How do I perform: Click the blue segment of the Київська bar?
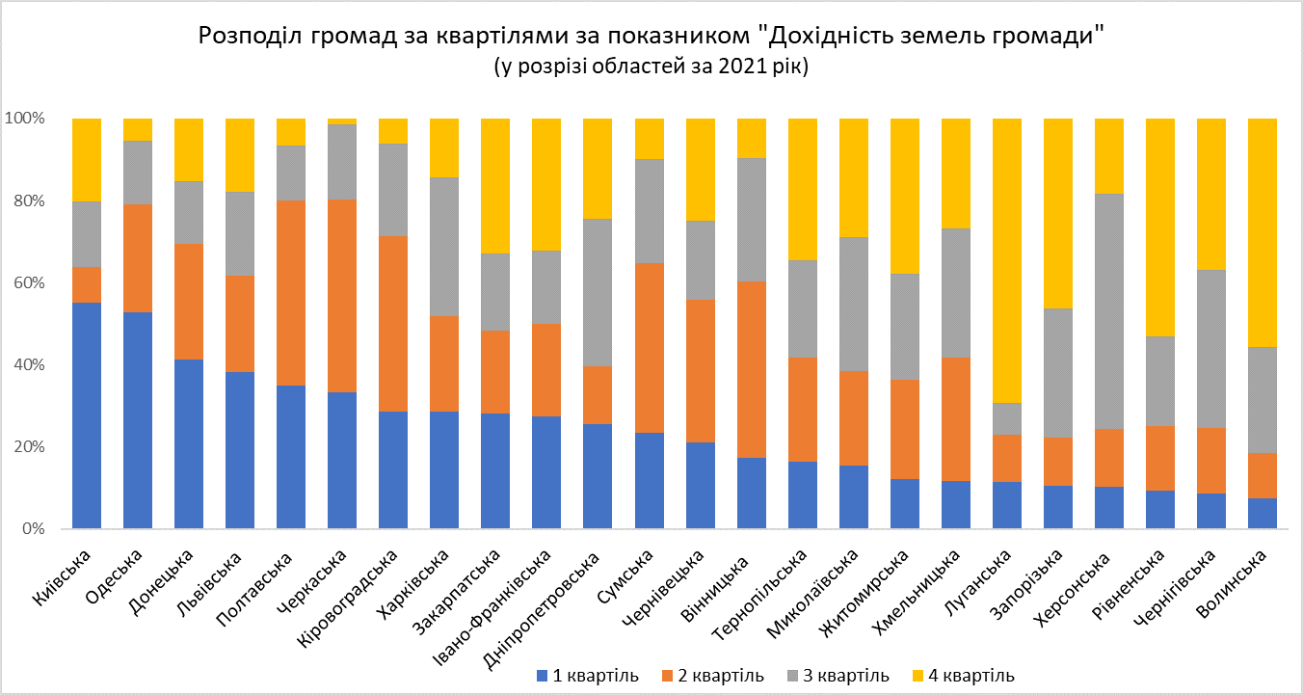pyautogui.click(x=87, y=415)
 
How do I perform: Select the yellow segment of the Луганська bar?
pyautogui.click(x=1006, y=260)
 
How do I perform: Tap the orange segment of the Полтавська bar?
pyautogui.click(x=291, y=293)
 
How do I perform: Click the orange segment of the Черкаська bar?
pyautogui.click(x=342, y=296)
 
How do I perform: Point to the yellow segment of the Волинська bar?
pyautogui.click(x=1262, y=232)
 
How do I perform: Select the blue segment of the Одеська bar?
pyautogui.click(x=138, y=420)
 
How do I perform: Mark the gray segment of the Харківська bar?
pyautogui.click(x=444, y=247)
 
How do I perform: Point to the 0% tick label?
pyautogui.click(x=30, y=529)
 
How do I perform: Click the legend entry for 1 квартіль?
pyautogui.click(x=587, y=675)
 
